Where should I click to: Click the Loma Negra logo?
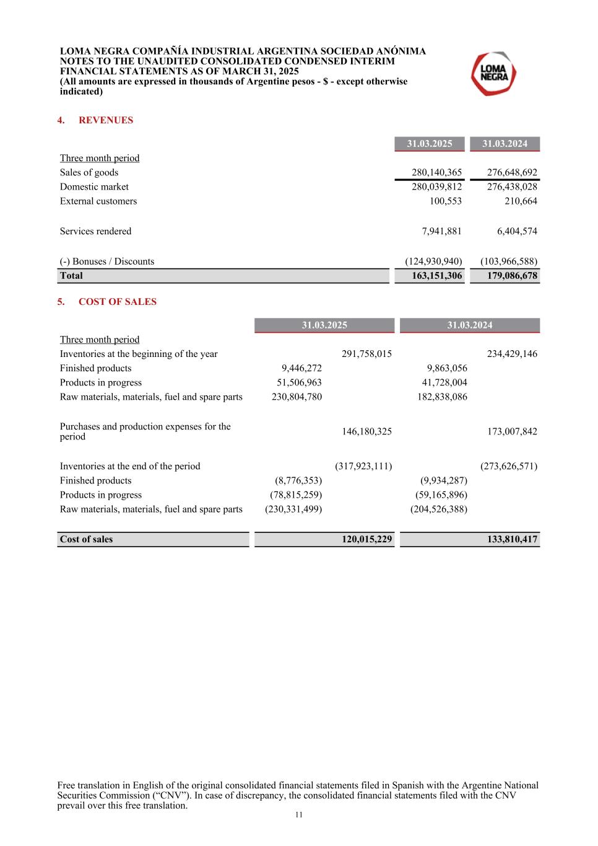(493, 74)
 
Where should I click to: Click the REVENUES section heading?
(105, 120)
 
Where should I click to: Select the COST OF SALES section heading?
(117, 302)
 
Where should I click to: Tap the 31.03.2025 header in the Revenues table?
(430, 144)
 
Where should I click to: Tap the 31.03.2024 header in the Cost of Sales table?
(470, 325)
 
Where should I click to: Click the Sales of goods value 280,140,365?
(436, 172)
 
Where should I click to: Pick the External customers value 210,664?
(521, 201)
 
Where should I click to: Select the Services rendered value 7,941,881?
(441, 231)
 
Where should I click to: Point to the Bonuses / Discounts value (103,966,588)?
(509, 262)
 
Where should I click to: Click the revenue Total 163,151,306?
(436, 276)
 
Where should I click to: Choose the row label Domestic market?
(94, 187)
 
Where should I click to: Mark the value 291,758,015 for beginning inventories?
(366, 354)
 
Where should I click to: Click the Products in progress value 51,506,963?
(299, 382)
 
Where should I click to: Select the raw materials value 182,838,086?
(442, 397)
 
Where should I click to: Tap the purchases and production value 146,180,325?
(366, 431)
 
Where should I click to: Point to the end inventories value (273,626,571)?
(509, 466)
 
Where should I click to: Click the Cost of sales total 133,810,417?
(512, 539)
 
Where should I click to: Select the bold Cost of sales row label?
(86, 539)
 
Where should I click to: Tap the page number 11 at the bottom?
(299, 815)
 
